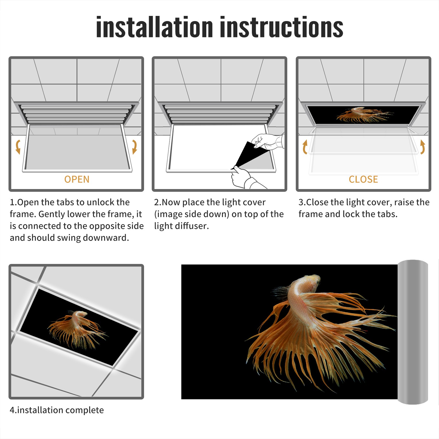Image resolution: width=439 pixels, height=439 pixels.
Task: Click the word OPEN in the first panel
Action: [77, 179]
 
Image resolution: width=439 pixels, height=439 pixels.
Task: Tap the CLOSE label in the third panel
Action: [363, 179]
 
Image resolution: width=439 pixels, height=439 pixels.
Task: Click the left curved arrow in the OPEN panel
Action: [18, 147]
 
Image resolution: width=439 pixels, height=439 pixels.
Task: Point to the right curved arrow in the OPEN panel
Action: [135, 147]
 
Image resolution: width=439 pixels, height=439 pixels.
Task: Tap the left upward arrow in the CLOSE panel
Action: [305, 147]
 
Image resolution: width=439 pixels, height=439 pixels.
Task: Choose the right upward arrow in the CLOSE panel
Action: [423, 147]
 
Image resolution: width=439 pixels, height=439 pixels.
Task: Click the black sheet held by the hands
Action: [248, 155]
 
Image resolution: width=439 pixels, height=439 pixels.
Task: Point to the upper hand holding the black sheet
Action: [266, 141]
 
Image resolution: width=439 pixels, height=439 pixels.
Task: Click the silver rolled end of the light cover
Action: [413, 332]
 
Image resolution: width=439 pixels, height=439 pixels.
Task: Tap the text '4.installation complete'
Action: [57, 410]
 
